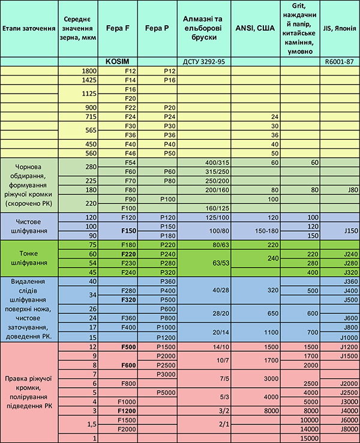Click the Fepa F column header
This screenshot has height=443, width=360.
[x=118, y=28]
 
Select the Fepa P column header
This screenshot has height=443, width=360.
[x=158, y=28]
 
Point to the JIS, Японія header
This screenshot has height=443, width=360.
[x=340, y=28]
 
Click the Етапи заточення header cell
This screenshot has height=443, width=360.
[x=29, y=28]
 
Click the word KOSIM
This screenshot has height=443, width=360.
[x=118, y=61]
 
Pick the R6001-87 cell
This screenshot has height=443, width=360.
[x=340, y=61]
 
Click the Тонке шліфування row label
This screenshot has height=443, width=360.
[x=30, y=258]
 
